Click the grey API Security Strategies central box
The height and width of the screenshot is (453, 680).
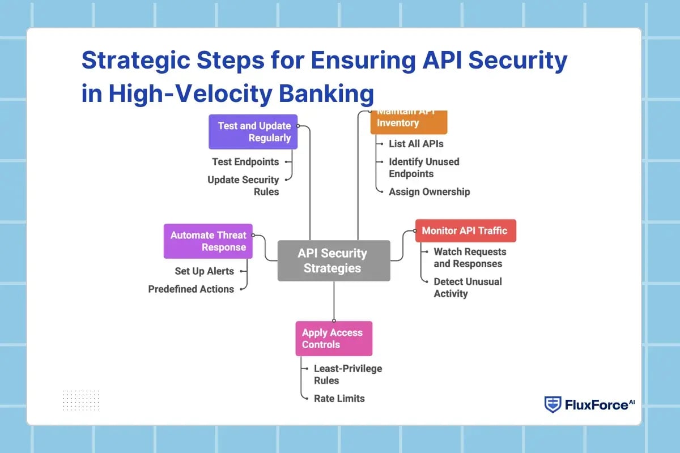(x=333, y=260)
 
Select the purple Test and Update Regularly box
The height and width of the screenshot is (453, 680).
(x=253, y=132)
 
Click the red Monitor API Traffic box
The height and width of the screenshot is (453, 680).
(x=465, y=230)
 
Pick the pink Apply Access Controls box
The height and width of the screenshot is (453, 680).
(x=333, y=339)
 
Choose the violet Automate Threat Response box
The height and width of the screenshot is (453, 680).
(x=208, y=241)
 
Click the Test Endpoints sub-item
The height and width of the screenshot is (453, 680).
(x=245, y=162)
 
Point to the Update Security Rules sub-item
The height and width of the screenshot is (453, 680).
(x=243, y=186)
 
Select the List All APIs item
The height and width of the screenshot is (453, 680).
(x=416, y=144)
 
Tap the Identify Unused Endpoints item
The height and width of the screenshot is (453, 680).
(x=423, y=168)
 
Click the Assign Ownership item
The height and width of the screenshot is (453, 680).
(x=429, y=192)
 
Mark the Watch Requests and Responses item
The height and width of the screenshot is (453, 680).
(x=469, y=258)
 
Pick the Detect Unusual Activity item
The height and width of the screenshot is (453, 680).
(x=467, y=287)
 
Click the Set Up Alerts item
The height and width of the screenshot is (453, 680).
(x=204, y=271)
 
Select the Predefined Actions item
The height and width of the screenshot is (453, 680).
(x=191, y=289)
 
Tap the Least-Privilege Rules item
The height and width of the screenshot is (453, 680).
(x=347, y=374)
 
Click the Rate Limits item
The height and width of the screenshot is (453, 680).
(x=339, y=399)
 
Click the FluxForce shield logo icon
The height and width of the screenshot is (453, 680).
(x=552, y=404)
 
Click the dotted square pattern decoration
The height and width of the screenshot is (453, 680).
(x=81, y=400)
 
